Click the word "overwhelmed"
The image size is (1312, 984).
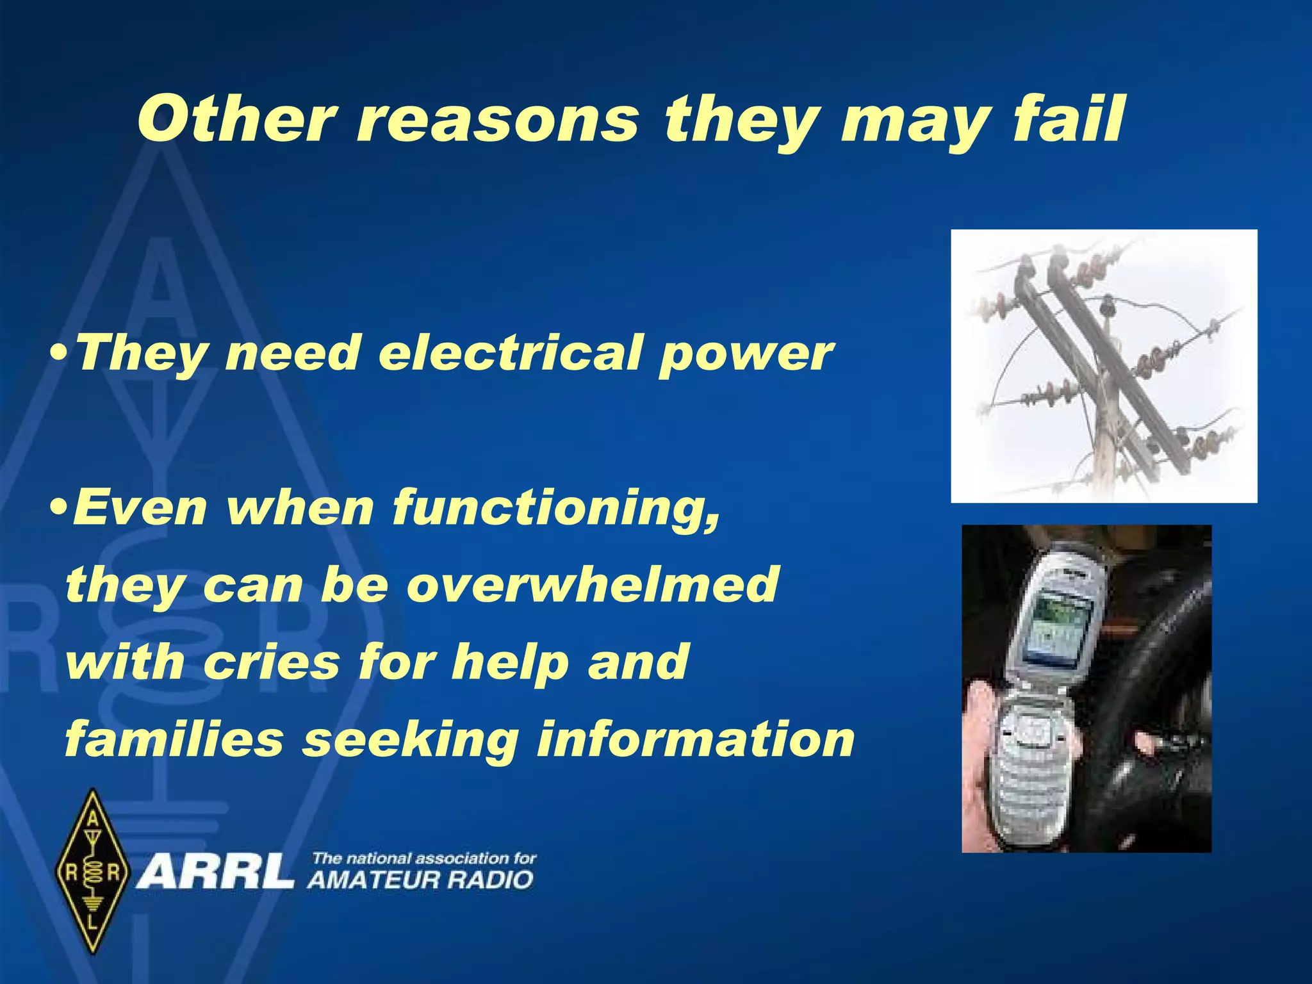pyautogui.click(x=592, y=584)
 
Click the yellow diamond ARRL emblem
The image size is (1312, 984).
pyautogui.click(x=94, y=871)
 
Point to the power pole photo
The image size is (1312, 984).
pyautogui.click(x=1103, y=366)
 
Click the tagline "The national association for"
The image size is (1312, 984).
pyautogui.click(x=423, y=858)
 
